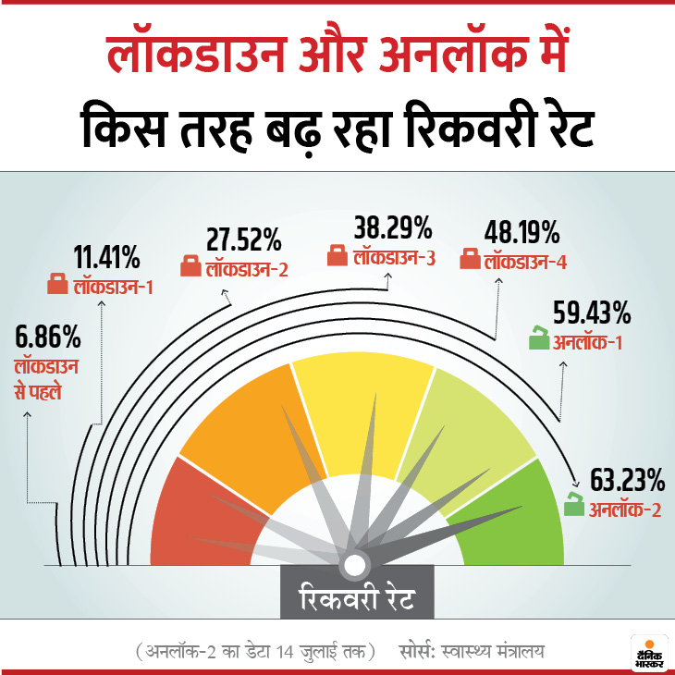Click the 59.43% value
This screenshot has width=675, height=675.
point(591,313)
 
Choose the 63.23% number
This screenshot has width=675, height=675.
point(628,480)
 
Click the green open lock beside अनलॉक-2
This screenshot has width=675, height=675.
point(574,507)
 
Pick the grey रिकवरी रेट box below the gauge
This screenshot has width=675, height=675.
point(356,598)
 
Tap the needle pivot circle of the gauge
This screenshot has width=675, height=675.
point(355,565)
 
